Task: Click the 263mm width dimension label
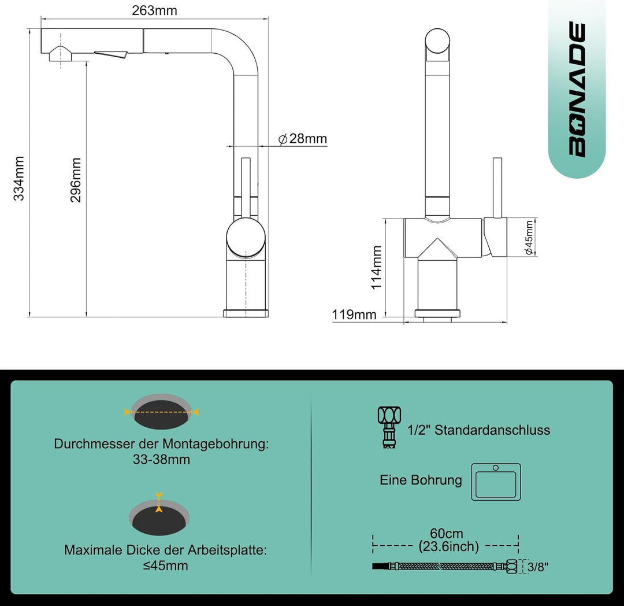[x=155, y=10]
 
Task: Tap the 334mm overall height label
[x=20, y=178]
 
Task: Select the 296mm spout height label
[x=76, y=180]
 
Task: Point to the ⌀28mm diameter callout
[x=303, y=139]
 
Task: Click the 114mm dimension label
[x=376, y=267]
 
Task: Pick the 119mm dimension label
[x=354, y=315]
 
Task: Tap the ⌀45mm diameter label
[x=529, y=237]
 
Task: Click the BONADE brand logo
[x=577, y=90]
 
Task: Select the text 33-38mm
[x=162, y=460]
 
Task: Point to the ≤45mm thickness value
[x=165, y=566]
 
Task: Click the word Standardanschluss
[x=492, y=430]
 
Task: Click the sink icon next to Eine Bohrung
[x=496, y=482]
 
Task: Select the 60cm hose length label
[x=447, y=534]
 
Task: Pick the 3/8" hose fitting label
[x=537, y=567]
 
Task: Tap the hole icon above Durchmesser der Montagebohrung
[x=162, y=411]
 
